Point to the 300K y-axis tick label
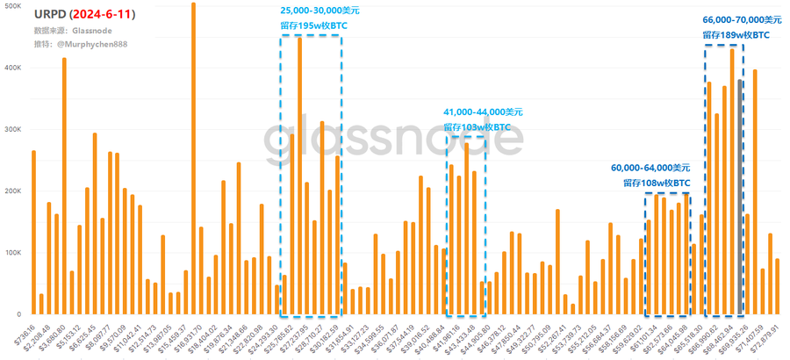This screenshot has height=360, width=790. coord(11,129)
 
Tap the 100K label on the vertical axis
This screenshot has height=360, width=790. coord(11,253)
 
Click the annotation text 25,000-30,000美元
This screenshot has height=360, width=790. coord(320,11)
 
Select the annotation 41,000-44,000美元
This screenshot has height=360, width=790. coord(483,112)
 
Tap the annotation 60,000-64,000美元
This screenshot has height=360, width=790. coord(650,168)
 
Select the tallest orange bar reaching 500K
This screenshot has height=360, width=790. coord(193,158)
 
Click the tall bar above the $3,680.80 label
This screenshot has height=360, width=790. coord(64,184)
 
